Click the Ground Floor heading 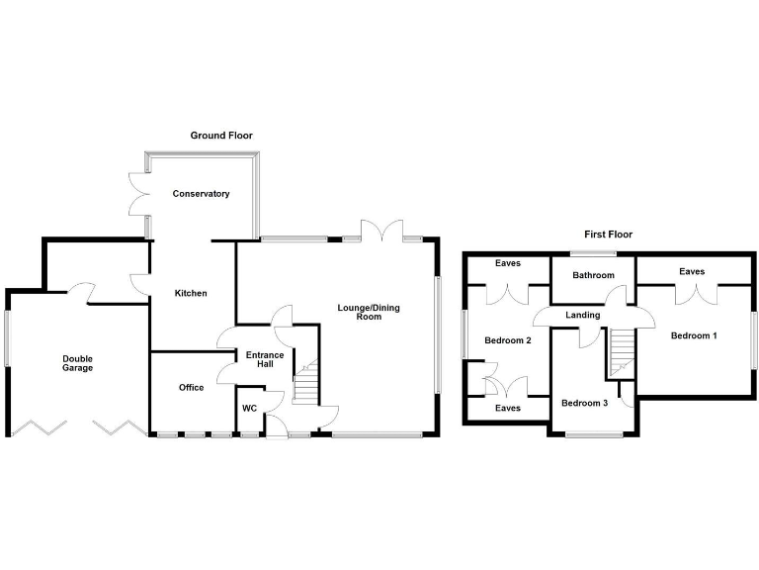click(222, 135)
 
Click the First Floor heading click(608, 235)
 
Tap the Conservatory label click(201, 194)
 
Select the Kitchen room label click(191, 293)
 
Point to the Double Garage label click(77, 363)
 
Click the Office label click(192, 387)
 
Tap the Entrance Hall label click(265, 360)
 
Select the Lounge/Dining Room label click(359, 312)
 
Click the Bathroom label click(593, 275)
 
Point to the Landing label click(582, 315)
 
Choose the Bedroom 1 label click(694, 335)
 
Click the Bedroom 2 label click(508, 340)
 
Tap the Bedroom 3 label click(584, 403)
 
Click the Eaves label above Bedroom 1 click(692, 271)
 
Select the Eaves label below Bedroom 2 click(508, 407)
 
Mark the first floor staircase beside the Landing click(620, 350)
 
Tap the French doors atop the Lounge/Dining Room click(382, 232)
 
